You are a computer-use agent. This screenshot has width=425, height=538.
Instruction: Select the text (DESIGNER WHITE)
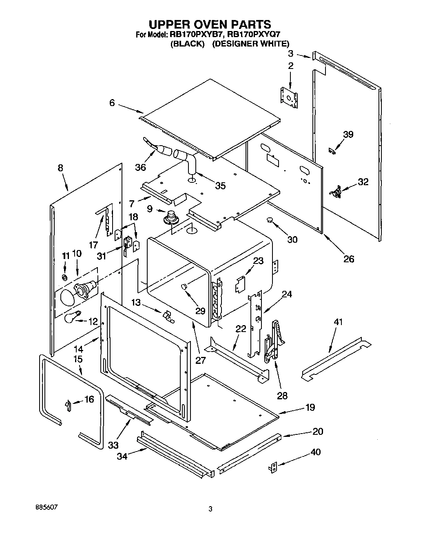click(x=250, y=44)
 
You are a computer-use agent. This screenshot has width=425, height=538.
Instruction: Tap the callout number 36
click(x=140, y=167)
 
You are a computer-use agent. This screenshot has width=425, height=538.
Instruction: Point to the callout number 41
click(x=338, y=322)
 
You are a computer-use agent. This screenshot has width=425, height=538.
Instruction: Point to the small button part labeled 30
click(x=270, y=220)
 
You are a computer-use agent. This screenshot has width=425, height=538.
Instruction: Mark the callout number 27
click(x=200, y=360)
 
